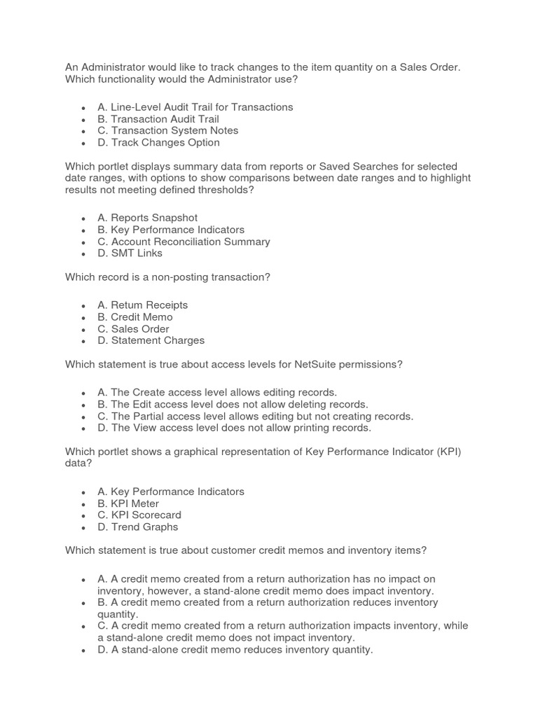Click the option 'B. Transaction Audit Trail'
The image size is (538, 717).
point(158,119)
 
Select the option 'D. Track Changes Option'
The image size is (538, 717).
point(158,142)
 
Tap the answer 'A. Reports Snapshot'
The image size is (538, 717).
point(147,218)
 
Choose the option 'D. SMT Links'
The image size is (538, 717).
point(130,253)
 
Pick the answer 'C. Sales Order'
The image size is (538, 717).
point(133,328)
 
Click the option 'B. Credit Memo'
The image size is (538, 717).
point(134,316)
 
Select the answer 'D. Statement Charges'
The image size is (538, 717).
point(151,340)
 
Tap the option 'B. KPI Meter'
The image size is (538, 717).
point(128,503)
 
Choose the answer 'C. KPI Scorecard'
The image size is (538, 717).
point(139,515)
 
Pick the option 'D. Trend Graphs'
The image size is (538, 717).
point(138,527)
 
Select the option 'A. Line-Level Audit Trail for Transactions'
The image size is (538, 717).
point(195,107)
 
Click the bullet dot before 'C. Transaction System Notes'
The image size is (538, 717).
point(83,131)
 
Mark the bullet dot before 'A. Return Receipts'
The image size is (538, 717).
point(83,305)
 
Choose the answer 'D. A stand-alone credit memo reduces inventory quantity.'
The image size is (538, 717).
point(235,649)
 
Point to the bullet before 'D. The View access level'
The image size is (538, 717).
point(83,428)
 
